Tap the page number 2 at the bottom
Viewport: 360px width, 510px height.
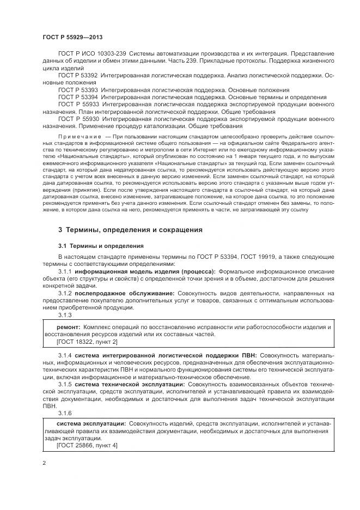point(44,462)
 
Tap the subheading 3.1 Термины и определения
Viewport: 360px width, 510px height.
point(101,245)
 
